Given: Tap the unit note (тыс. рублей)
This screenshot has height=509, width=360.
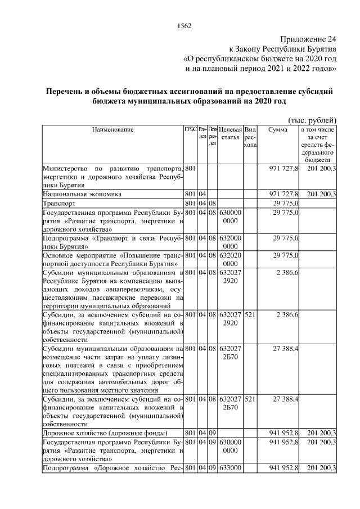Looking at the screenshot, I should (312, 120).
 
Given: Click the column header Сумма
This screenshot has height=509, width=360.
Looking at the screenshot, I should (278, 130).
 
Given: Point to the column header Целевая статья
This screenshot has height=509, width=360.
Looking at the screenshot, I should (230, 134).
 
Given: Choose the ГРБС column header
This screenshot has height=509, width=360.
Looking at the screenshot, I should (190, 130).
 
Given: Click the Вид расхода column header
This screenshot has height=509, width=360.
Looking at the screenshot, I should (250, 138).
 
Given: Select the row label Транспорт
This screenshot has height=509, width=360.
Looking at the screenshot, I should (59, 202).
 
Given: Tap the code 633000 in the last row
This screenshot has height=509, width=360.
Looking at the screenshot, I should (230, 468).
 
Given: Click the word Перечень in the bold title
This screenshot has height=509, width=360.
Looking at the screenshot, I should (68, 91).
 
